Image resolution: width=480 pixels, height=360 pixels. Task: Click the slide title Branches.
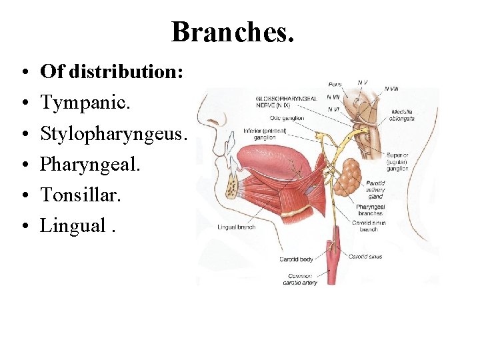(232, 32)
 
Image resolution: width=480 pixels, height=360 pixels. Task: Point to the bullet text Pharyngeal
(91, 164)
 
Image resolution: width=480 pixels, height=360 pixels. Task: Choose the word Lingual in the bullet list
(73, 225)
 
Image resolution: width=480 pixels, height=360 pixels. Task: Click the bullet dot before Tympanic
(23, 103)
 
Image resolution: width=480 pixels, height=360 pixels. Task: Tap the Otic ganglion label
(289, 118)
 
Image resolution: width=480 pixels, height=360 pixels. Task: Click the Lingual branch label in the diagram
(236, 227)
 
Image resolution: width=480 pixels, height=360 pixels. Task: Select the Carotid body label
(296, 258)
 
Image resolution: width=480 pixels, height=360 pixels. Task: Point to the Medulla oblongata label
(403, 115)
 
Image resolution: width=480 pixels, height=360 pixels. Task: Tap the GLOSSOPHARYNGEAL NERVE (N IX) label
(286, 102)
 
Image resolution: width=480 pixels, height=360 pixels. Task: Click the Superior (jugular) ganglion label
(398, 162)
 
